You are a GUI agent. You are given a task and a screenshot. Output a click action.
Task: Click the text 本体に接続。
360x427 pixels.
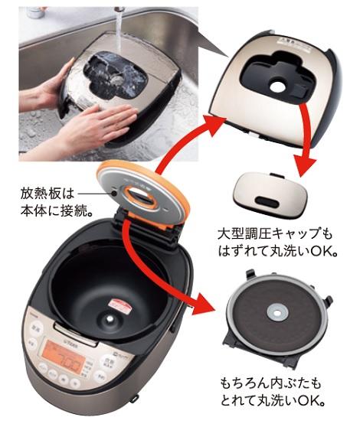[x=56, y=210]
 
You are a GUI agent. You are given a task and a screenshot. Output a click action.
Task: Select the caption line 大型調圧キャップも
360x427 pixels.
[x=275, y=234]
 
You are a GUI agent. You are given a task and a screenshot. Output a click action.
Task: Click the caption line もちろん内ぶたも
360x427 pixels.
[x=271, y=383]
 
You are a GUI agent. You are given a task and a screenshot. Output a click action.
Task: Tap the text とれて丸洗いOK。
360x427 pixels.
[x=273, y=400]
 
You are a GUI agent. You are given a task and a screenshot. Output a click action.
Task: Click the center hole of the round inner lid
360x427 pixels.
[x=277, y=314]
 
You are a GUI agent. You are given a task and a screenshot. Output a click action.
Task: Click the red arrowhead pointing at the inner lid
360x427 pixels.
[x=207, y=303]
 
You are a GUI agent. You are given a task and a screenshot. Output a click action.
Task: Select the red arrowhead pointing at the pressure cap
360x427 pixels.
[x=306, y=165]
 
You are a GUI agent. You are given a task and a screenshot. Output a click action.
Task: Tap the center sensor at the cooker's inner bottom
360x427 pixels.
[x=110, y=319]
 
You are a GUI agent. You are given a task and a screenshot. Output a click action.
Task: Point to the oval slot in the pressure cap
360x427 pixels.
[x=267, y=201]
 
